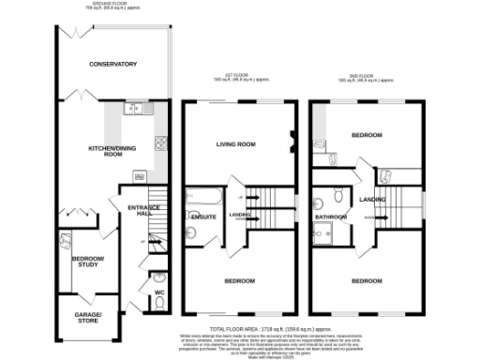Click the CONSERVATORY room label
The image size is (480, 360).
pyautogui.click(x=112, y=64)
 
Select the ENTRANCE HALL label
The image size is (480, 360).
pyautogui.click(x=131, y=209)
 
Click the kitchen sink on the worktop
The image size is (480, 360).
pyautogui.click(x=137, y=110)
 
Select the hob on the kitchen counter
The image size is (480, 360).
pyautogui.click(x=160, y=143)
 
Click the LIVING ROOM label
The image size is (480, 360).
pyautogui.click(x=236, y=144)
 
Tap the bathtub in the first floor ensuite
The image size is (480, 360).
pyautogui.click(x=202, y=199)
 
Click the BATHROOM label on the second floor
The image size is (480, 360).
pyautogui.click(x=331, y=217)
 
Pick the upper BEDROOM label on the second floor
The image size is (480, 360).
pyautogui.click(x=367, y=135)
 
